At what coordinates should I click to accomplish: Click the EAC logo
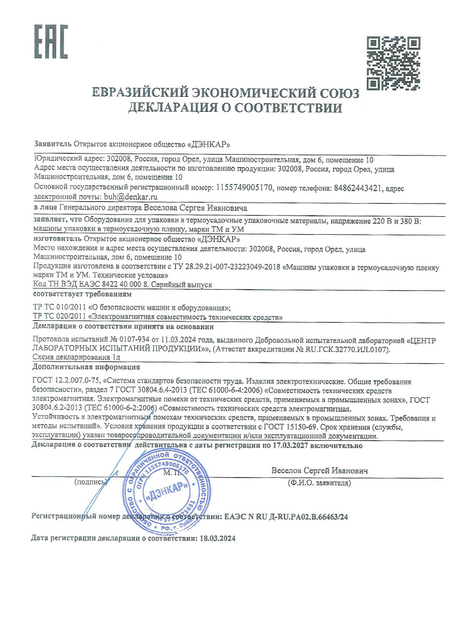click(x=50, y=41)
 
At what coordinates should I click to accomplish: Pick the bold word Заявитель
click(x=52, y=145)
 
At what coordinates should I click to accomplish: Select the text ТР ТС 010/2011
click(x=60, y=307)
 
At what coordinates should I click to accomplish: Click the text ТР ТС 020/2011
click(x=60, y=316)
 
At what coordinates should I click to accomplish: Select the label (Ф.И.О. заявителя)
click(x=319, y=482)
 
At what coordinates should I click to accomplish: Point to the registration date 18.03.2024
click(x=217, y=538)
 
